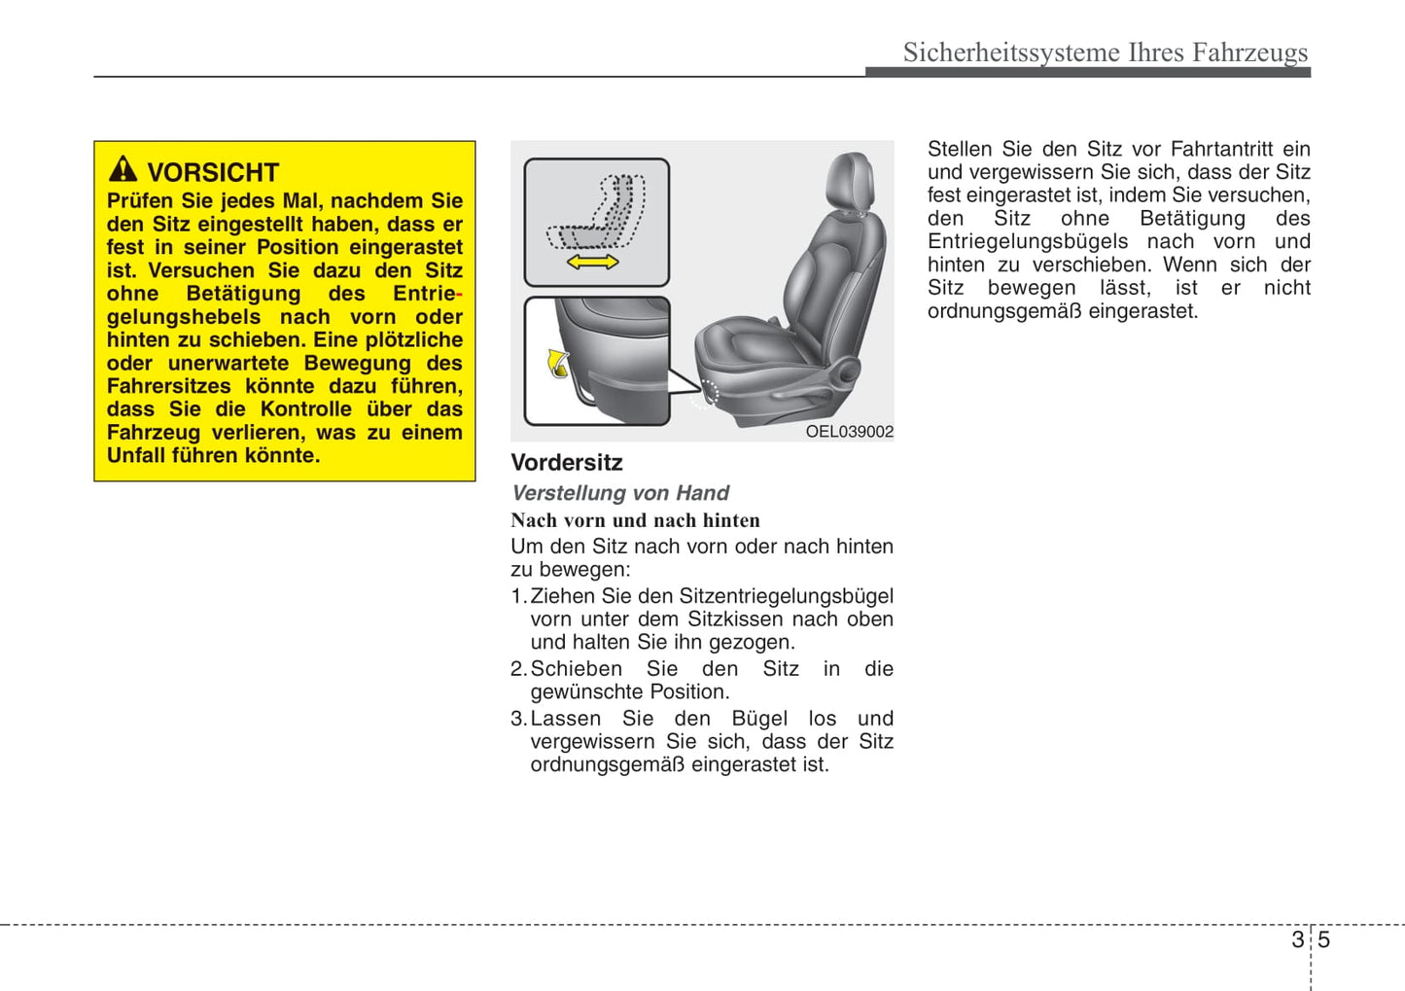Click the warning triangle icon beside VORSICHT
(123, 169)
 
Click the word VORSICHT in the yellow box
(213, 172)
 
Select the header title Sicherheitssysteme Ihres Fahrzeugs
(1105, 52)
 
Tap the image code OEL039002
(849, 432)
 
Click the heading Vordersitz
(566, 463)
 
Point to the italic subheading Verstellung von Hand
(619, 493)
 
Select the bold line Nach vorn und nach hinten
(635, 520)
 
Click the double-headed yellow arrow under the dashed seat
(592, 262)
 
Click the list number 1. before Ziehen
(518, 596)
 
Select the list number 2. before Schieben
(518, 669)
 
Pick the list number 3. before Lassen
(518, 719)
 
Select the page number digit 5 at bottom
(1323, 939)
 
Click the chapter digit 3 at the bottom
(1297, 939)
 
